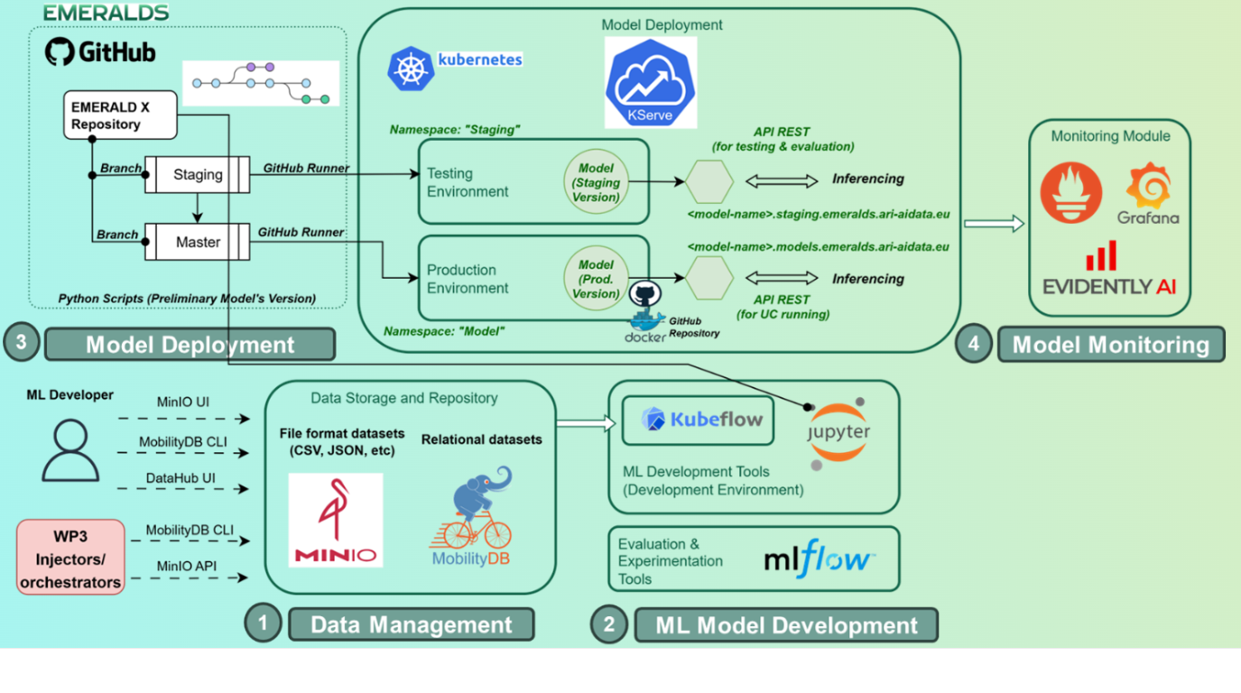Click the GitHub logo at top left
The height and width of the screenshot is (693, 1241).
tap(60, 51)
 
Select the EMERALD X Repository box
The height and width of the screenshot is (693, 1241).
tap(119, 115)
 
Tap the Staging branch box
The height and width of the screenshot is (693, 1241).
tap(198, 175)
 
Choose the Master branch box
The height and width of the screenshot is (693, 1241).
tap(198, 243)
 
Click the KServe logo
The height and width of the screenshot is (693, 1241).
tap(651, 83)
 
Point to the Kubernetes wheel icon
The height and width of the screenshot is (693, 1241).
tap(411, 69)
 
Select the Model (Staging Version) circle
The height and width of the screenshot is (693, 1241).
tap(596, 182)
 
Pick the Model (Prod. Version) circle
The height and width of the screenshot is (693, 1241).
tap(596, 279)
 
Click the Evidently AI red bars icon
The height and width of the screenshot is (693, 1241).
tap(1101, 257)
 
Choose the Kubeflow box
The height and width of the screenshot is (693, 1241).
tap(698, 420)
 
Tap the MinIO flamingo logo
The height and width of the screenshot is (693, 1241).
tap(336, 520)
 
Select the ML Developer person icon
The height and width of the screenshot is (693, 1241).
tap(70, 451)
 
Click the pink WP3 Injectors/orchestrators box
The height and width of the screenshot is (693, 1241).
tap(70, 557)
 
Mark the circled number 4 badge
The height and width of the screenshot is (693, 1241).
tap(974, 344)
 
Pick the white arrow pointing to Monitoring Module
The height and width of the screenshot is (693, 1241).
tap(994, 223)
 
